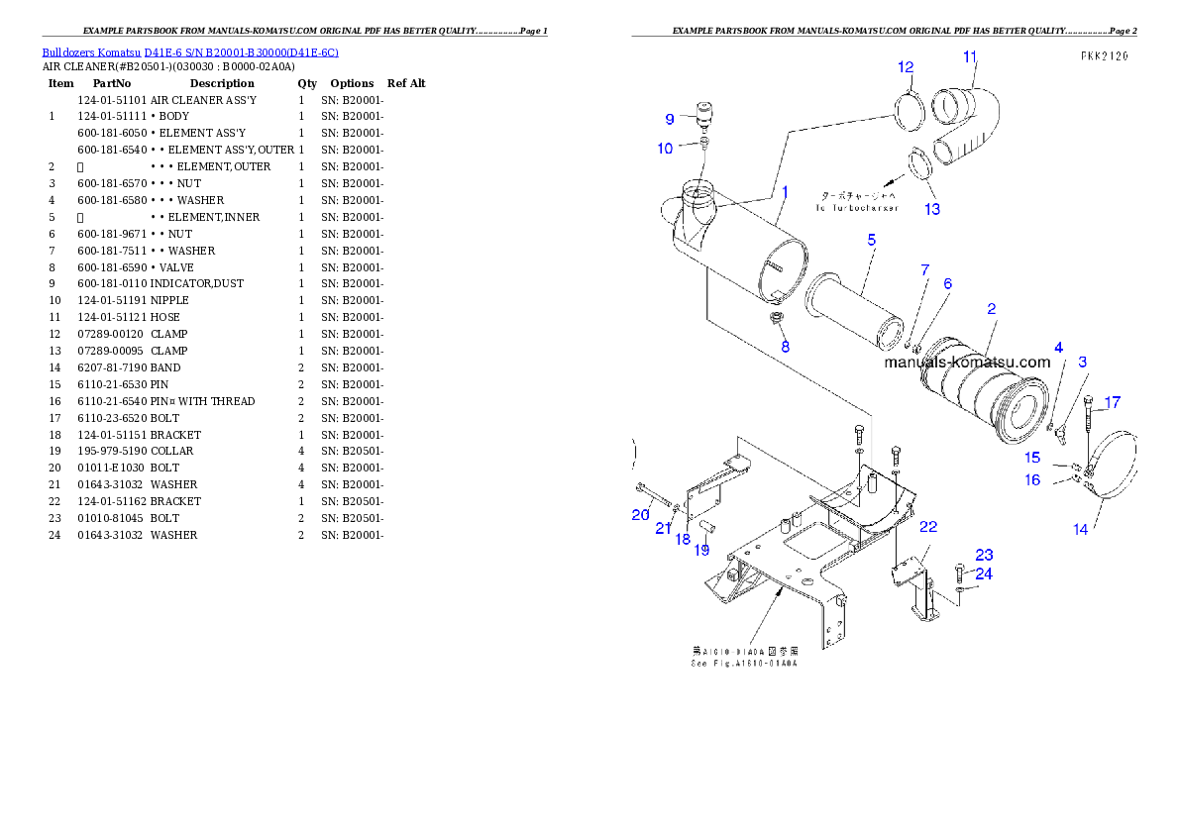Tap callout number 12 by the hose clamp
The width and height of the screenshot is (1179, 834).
pyautogui.click(x=906, y=67)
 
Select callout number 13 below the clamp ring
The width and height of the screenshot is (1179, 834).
pyautogui.click(x=932, y=209)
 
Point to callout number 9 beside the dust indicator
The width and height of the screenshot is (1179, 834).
pyautogui.click(x=670, y=119)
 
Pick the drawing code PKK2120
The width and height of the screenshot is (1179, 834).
pyautogui.click(x=1104, y=56)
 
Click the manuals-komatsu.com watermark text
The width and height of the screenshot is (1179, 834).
pyautogui.click(x=966, y=363)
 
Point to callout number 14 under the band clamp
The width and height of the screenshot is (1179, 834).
pyautogui.click(x=1080, y=529)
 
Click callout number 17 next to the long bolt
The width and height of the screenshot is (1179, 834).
pyautogui.click(x=1113, y=402)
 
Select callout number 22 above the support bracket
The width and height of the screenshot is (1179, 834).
pyautogui.click(x=928, y=527)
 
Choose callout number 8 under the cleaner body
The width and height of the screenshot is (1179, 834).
pyautogui.click(x=785, y=347)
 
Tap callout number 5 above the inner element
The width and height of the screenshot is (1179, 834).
pyautogui.click(x=872, y=240)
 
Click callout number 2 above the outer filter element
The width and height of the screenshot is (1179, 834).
pyautogui.click(x=991, y=309)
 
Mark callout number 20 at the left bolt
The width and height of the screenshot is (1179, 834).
pyautogui.click(x=640, y=514)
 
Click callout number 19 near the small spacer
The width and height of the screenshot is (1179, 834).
pyautogui.click(x=701, y=550)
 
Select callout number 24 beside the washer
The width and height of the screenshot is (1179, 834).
pyautogui.click(x=984, y=573)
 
